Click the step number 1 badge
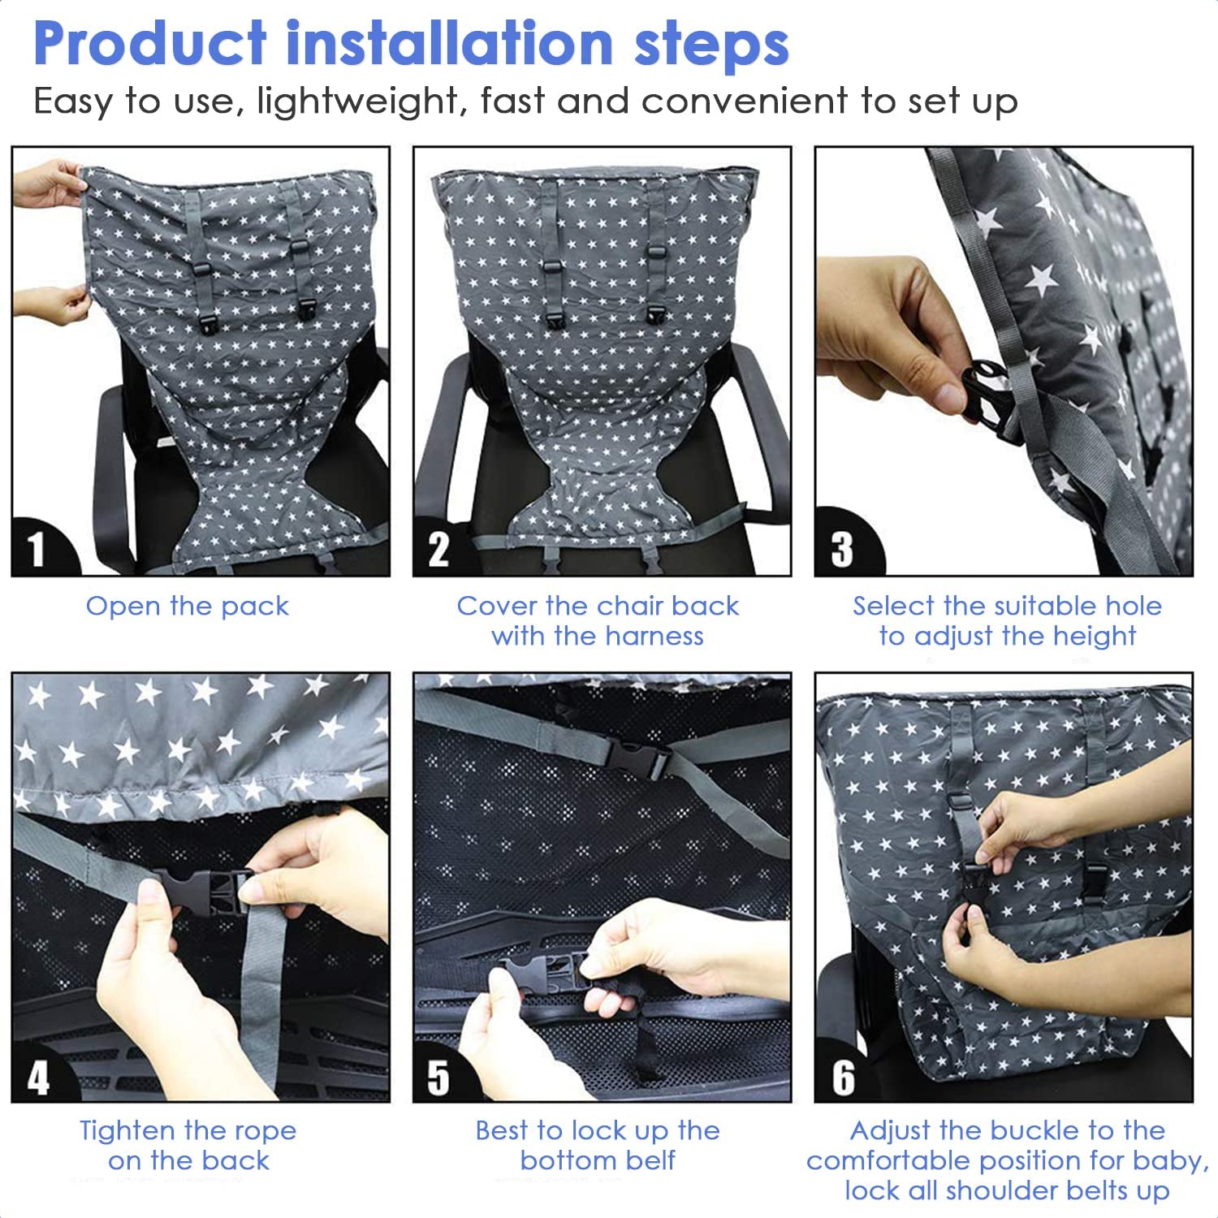(x=37, y=549)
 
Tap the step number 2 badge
(x=439, y=549)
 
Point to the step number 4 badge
(x=38, y=1077)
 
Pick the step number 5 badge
(x=439, y=1077)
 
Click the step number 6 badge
(x=843, y=1077)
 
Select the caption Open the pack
(x=188, y=606)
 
